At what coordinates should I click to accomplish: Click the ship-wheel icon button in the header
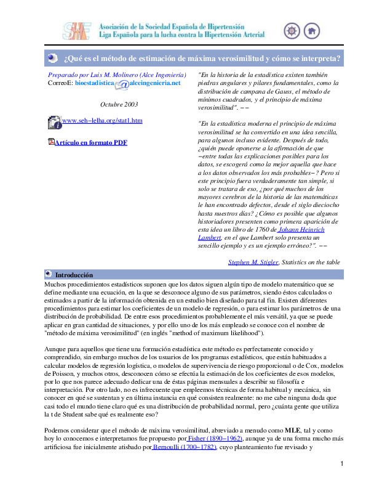[x=293, y=31]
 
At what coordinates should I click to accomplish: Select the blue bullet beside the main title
[x=54, y=59]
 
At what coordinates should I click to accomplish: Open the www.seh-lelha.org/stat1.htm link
[x=103, y=120]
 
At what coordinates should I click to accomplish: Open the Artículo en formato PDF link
[x=91, y=142]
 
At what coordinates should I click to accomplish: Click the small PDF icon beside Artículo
[x=51, y=142]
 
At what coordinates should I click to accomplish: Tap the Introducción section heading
[x=74, y=274]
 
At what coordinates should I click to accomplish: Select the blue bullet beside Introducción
[x=49, y=273]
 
